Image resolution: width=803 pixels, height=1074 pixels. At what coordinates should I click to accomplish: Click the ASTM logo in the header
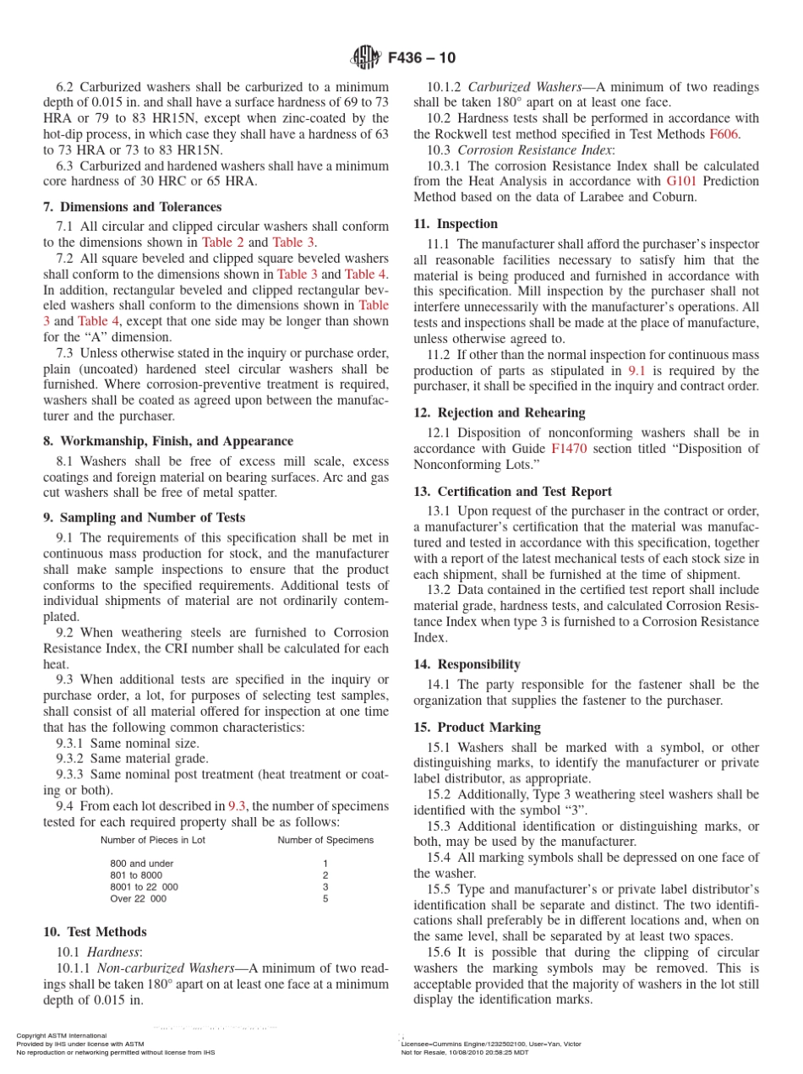tap(366, 57)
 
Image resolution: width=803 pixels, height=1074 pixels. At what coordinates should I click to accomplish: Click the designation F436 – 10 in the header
tap(422, 57)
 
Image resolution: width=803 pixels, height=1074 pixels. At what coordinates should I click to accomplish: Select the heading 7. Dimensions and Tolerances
tap(132, 207)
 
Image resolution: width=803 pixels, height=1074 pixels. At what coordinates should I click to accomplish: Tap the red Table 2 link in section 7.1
tap(222, 243)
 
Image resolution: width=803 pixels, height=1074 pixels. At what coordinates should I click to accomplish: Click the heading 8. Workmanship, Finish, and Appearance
tap(168, 441)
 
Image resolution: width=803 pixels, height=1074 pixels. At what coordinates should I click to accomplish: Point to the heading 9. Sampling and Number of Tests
tap(145, 518)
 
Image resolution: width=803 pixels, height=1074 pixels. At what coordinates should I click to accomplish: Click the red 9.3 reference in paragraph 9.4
tap(238, 806)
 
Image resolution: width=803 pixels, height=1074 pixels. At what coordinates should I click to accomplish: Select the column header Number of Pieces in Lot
tap(152, 840)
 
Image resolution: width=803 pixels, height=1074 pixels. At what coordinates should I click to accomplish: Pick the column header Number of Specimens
tap(325, 840)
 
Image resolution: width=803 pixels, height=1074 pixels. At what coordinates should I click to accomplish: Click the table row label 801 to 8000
tap(136, 875)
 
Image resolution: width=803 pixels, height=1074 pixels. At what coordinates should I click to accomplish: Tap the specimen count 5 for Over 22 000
tap(325, 899)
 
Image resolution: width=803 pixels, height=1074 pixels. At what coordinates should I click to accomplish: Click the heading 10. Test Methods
tap(95, 932)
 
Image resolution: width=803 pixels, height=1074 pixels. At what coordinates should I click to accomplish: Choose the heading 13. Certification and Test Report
tap(512, 492)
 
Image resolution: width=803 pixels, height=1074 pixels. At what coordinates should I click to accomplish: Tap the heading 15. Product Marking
tap(477, 728)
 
